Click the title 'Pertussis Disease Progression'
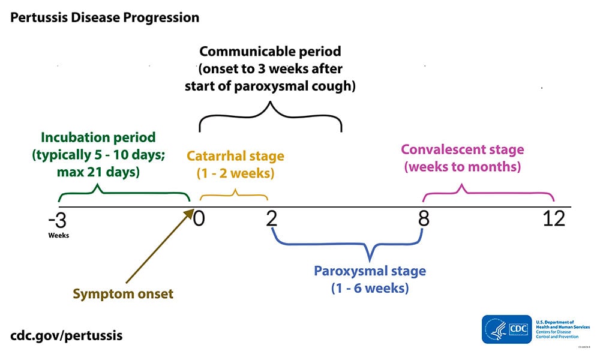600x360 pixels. pyautogui.click(x=104, y=17)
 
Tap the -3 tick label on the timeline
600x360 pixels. pyautogui.click(x=58, y=220)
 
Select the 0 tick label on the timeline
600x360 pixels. pyautogui.click(x=199, y=219)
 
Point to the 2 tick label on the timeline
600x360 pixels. pyautogui.click(x=272, y=219)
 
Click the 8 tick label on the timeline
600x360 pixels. pyautogui.click(x=424, y=219)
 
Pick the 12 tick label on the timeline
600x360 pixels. pyautogui.click(x=554, y=219)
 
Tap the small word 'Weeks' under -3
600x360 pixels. pyautogui.click(x=59, y=235)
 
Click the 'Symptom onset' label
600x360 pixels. pyautogui.click(x=123, y=294)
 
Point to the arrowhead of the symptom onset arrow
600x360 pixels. pyautogui.click(x=193, y=212)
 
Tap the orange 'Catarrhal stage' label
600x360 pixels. pyautogui.click(x=235, y=157)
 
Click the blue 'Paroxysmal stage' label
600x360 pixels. pyautogui.click(x=370, y=271)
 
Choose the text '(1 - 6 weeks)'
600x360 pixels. pyautogui.click(x=370, y=288)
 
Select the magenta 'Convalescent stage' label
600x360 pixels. pyautogui.click(x=462, y=149)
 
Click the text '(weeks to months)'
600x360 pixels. pyautogui.click(x=462, y=167)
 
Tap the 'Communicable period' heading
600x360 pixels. pyautogui.click(x=270, y=52)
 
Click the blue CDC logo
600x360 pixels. pyautogui.click(x=507, y=329)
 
